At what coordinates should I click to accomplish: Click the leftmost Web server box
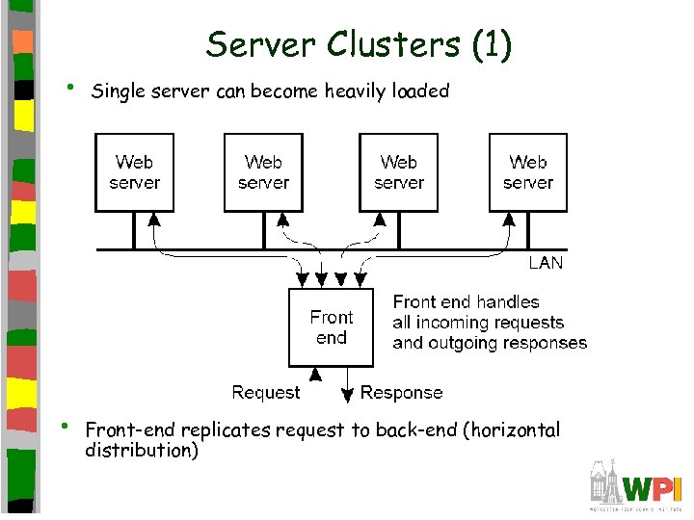coord(134,172)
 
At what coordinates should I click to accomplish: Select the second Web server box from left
coord(263,172)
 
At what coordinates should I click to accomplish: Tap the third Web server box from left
coord(399,172)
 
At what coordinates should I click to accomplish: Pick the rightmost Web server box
coord(527,172)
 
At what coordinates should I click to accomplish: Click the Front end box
coord(332,327)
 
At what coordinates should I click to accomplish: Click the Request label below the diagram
coord(266,393)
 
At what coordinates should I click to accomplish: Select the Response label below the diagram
coord(401,393)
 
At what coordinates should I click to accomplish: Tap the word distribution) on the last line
coord(142,450)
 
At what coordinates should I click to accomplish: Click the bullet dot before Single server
coord(68,88)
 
